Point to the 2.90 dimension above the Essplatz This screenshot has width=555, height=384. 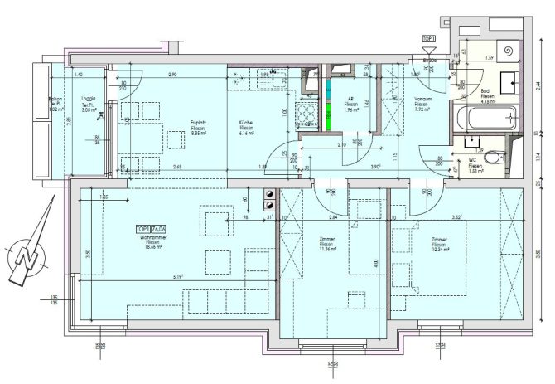pyautogui.click(x=171, y=75)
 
